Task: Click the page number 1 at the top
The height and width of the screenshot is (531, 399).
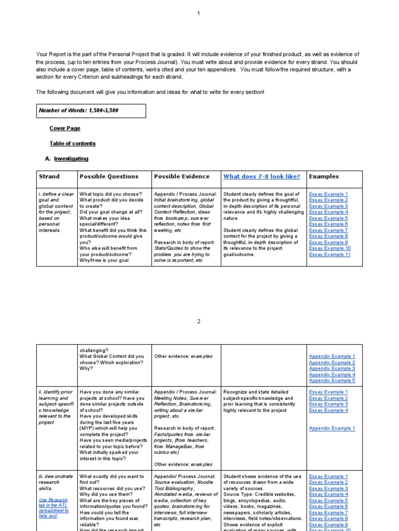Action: [x=198, y=13]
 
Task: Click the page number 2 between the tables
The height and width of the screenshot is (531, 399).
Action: [x=198, y=322]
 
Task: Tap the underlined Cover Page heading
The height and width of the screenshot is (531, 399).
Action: [x=65, y=128]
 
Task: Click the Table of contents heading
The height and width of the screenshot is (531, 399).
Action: [x=73, y=143]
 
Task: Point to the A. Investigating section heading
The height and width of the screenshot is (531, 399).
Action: [x=71, y=159]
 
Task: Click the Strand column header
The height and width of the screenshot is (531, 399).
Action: [x=49, y=176]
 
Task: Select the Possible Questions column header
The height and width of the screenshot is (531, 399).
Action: [x=109, y=176]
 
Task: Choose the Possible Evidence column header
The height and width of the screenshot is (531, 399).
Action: [x=182, y=176]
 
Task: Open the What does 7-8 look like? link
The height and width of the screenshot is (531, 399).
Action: [x=261, y=176]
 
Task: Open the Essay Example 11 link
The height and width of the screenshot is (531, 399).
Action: [x=329, y=255]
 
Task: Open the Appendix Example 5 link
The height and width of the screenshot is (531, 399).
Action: [x=332, y=380]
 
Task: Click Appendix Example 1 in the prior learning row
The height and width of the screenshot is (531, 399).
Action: [x=332, y=428]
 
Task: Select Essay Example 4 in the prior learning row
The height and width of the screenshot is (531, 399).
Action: [x=328, y=410]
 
